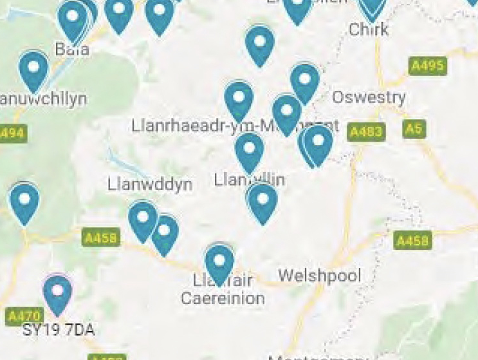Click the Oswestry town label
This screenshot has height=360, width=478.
pos(369,97)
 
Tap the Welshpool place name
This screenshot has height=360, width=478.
pos(319,276)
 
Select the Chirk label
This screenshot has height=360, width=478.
pos(369,29)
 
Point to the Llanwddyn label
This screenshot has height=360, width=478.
pos(150,185)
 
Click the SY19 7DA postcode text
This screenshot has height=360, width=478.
pos(59,330)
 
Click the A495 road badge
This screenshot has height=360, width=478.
pos(428,66)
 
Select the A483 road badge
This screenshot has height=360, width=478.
pos(365,132)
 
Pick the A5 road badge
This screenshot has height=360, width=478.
pos(415,129)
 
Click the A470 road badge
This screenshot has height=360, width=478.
pos(24,316)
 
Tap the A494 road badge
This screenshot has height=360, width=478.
pos(11,133)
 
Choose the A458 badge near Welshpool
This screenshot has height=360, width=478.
pos(412,241)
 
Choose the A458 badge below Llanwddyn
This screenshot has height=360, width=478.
pos(101,238)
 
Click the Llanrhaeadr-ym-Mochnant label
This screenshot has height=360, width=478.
pos(235,126)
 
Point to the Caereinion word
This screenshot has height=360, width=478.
pos(223,298)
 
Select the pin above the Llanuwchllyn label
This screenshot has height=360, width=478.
pos(33,70)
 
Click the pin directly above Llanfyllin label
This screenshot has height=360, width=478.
pos(249,152)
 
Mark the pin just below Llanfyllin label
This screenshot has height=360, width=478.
pos(262,202)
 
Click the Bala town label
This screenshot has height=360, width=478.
pos(72,49)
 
